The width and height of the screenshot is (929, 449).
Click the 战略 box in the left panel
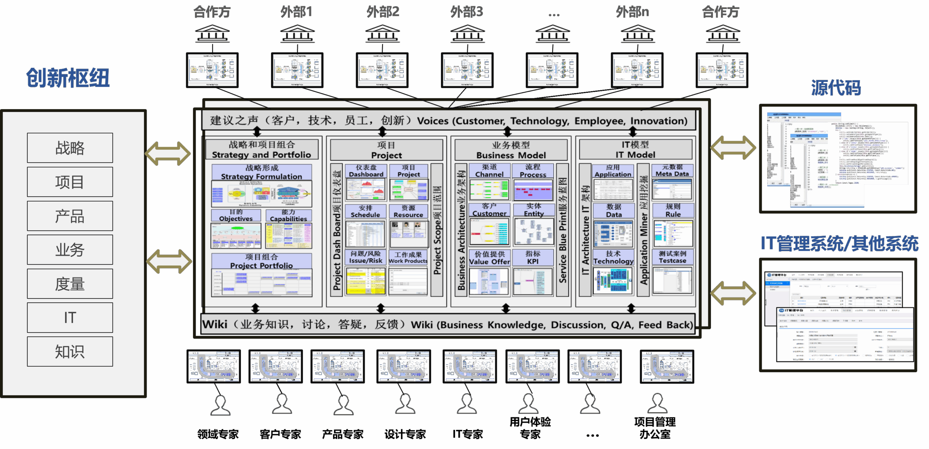click(70, 148)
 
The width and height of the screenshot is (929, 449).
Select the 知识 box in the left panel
click(70, 352)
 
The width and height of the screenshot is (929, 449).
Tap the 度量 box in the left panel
click(70, 284)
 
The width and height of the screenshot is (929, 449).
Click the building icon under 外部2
click(382, 34)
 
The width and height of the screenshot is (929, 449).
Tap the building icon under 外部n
click(638, 34)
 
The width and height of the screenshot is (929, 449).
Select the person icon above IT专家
click(467, 404)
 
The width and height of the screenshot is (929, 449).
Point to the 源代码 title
click(836, 88)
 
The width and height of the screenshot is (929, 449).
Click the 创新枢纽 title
click(68, 78)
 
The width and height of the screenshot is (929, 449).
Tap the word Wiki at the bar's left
click(215, 324)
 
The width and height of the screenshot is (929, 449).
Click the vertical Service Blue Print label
click(562, 230)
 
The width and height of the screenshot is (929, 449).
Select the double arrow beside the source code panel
click(733, 147)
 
